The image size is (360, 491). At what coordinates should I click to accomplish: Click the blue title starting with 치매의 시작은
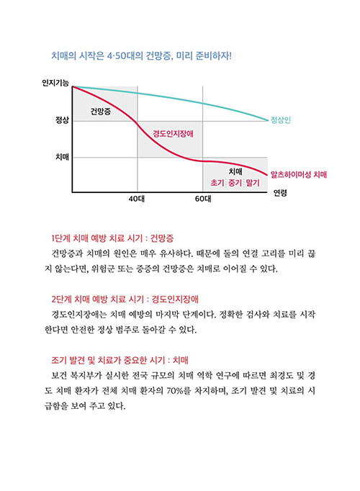[x=142, y=56]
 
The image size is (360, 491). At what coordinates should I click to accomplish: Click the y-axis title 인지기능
[x=55, y=83]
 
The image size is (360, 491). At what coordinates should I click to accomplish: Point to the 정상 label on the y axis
[x=62, y=120]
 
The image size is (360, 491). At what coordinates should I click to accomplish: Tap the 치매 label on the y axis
[x=62, y=156]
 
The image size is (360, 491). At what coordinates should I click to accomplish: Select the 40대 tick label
[x=137, y=199]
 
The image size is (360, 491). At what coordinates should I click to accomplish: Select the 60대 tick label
[x=203, y=199]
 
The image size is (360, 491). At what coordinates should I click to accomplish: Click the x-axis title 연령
[x=280, y=193]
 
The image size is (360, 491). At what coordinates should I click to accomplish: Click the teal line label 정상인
[x=281, y=120]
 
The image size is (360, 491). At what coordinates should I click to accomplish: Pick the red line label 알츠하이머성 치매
[x=299, y=174]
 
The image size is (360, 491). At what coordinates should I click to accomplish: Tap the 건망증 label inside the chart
[x=101, y=111]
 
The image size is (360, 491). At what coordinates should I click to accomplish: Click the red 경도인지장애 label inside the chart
[x=173, y=134]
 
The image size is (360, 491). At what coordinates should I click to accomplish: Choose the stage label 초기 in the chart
[x=217, y=183]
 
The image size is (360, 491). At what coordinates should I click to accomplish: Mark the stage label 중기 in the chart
[x=235, y=183]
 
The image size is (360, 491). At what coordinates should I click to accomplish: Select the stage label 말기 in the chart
[x=253, y=183]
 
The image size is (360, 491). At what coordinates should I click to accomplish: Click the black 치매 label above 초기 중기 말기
[x=235, y=171]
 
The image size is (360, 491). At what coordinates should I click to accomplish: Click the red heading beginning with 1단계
[x=112, y=238]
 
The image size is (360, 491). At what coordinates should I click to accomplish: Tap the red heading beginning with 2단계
[x=125, y=299]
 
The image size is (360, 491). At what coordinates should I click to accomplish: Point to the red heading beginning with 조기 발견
[x=120, y=360]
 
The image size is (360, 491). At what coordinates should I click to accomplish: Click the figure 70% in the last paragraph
[x=175, y=391]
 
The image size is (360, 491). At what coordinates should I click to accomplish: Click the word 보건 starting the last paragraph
[x=58, y=376]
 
